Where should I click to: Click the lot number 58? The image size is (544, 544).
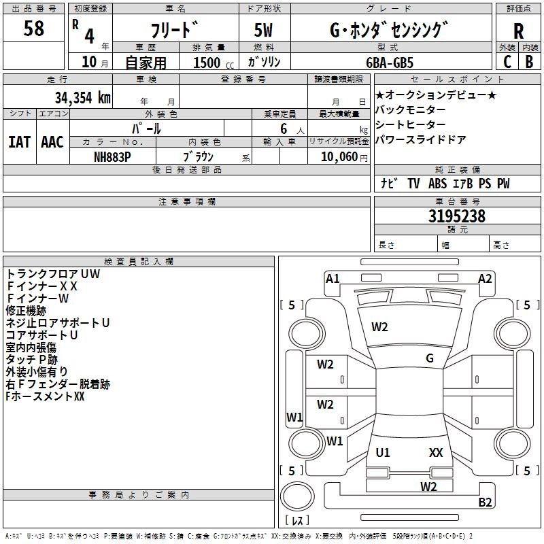tap(33, 29)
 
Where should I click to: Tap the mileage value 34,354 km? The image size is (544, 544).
tap(83, 98)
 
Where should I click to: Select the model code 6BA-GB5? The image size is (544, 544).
tap(390, 63)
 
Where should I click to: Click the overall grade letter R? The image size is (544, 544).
tap(518, 31)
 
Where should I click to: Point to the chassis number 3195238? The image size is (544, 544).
tap(456, 216)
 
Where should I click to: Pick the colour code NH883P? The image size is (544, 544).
tap(112, 157)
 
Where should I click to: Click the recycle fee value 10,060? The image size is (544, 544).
tap(339, 157)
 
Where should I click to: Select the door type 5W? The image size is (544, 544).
tap(263, 30)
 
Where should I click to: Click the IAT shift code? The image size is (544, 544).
tap(20, 142)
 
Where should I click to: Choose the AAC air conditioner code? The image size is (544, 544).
tap(52, 142)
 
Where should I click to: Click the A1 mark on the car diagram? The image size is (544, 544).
tap(333, 279)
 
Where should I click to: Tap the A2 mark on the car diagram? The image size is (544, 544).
tap(485, 279)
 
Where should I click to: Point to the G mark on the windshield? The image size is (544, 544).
tap(430, 358)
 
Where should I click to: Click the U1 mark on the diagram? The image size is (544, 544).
tap(383, 453)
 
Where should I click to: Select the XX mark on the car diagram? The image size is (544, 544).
tap(436, 453)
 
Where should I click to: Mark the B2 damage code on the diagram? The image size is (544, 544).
tap(485, 503)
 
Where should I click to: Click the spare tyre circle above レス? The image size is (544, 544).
tap(297, 496)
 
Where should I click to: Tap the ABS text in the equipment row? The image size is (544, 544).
tap(437, 184)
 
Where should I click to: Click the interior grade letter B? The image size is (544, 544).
tap(529, 62)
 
